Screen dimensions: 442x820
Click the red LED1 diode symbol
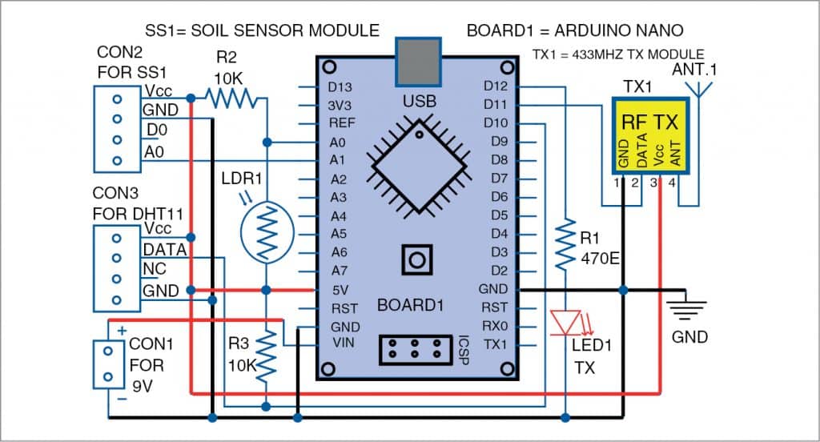[566, 322]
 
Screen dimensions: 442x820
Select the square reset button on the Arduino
[416, 259]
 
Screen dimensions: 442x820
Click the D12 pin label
[496, 86]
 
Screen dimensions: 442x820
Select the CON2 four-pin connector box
[117, 130]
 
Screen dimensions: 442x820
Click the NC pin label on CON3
[154, 268]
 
